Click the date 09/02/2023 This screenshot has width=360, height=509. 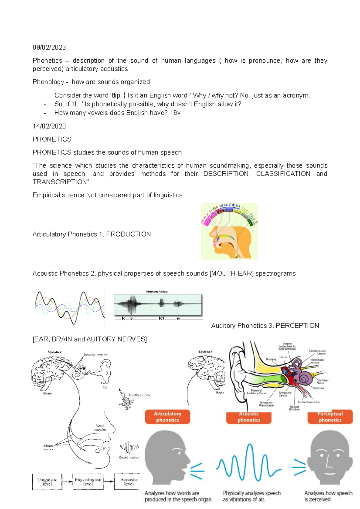click(x=49, y=47)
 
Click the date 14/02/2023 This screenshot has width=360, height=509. click(x=49, y=126)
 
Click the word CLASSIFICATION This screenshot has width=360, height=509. click(x=283, y=174)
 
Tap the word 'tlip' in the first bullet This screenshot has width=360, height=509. click(x=116, y=95)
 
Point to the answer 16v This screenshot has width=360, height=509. click(x=175, y=113)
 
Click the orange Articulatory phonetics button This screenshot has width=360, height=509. click(x=167, y=417)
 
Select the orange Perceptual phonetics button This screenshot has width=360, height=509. click(x=330, y=417)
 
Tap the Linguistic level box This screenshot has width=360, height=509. click(x=47, y=482)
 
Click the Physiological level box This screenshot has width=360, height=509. click(x=88, y=482)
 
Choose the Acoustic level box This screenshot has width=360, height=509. click(x=129, y=482)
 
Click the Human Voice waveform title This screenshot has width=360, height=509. click(x=157, y=291)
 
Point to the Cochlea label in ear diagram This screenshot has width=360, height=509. click(x=318, y=388)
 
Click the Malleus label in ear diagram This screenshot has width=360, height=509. click(x=271, y=359)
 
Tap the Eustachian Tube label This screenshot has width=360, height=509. click(x=309, y=402)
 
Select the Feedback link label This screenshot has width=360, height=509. click(x=139, y=395)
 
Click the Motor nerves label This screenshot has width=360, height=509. click(x=48, y=447)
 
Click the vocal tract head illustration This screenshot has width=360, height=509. click(x=229, y=231)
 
